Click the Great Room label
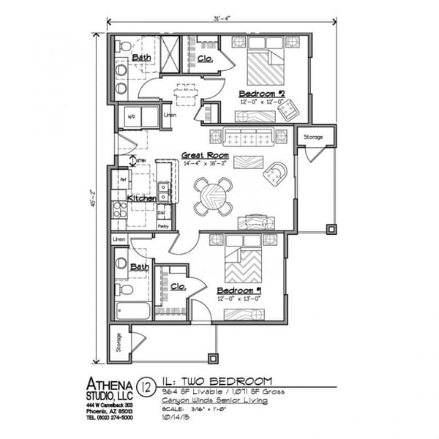205,155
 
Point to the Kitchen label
141,198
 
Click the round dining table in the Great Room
214,196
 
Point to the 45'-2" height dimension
94,196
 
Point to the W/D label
132,116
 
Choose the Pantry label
164,226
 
